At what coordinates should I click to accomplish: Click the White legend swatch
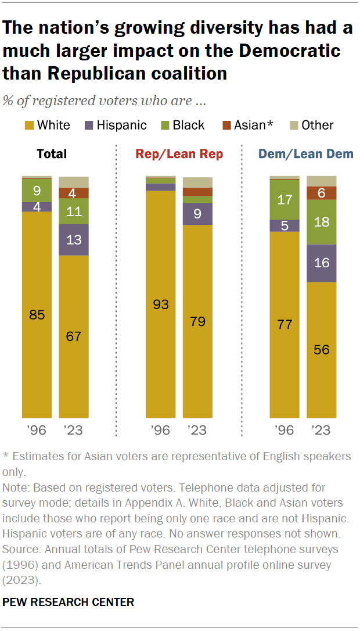pyautogui.click(x=28, y=125)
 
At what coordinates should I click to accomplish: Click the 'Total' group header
pyautogui.click(x=52, y=154)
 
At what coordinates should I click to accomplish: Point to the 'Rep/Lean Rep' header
pyautogui.click(x=179, y=154)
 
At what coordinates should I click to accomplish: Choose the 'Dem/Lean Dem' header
pyautogui.click(x=306, y=154)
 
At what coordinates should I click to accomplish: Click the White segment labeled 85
pyautogui.click(x=37, y=314)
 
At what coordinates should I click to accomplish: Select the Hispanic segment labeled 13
pyautogui.click(x=74, y=239)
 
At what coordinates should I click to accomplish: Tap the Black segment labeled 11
pyautogui.click(x=74, y=211)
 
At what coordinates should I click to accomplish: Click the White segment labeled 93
pyautogui.click(x=160, y=304)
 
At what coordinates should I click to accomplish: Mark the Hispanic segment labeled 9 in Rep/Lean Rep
pyautogui.click(x=197, y=214)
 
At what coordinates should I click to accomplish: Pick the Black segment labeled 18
pyautogui.click(x=321, y=221)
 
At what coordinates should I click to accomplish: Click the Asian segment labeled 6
pyautogui.click(x=321, y=193)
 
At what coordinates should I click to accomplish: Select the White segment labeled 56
pyautogui.click(x=321, y=350)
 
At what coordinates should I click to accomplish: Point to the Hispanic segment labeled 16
pyautogui.click(x=321, y=263)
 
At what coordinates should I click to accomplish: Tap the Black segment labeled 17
pyautogui.click(x=285, y=199)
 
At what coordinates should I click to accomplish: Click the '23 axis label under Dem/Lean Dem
pyautogui.click(x=321, y=431)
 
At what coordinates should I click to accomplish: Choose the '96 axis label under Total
pyautogui.click(x=37, y=431)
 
